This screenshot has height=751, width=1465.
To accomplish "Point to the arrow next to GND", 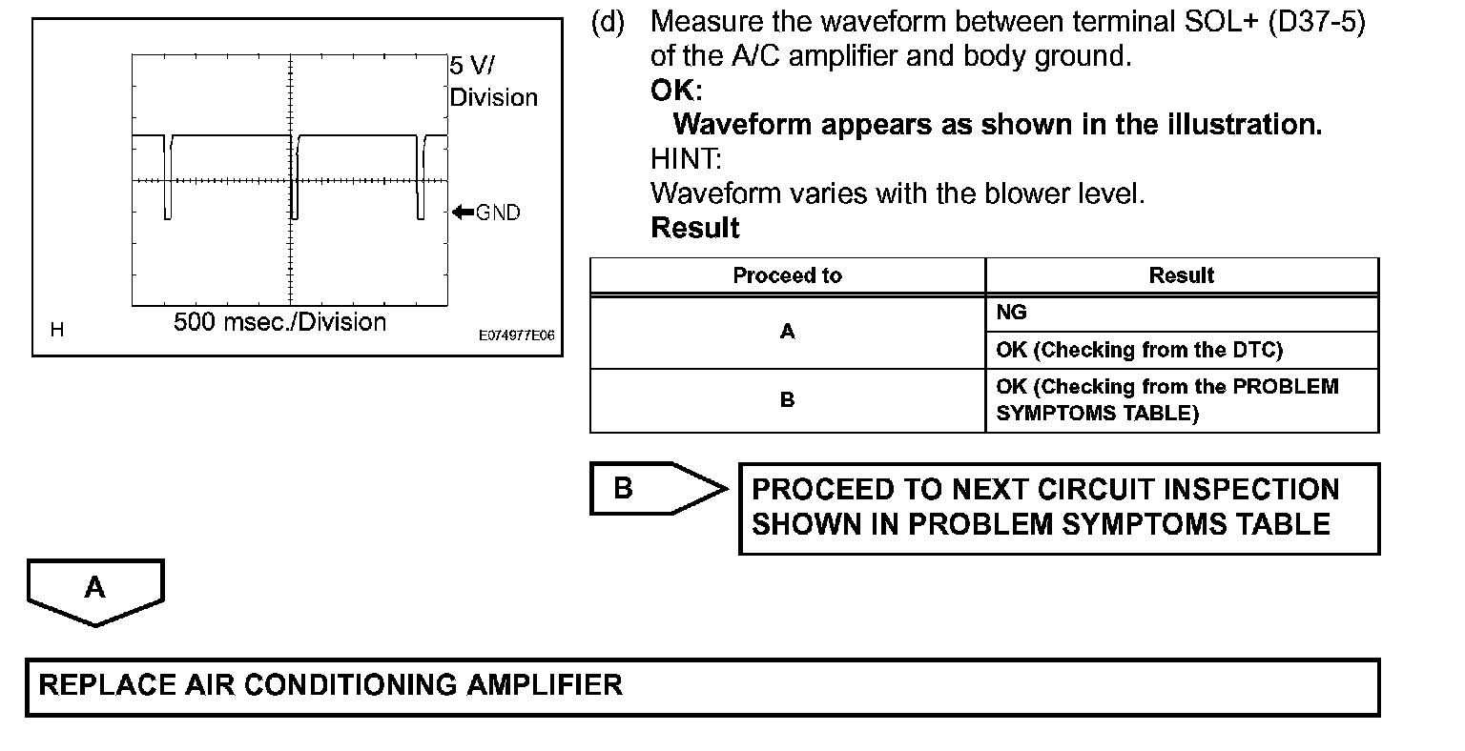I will click(463, 212).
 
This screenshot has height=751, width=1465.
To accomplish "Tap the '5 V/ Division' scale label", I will click(492, 82).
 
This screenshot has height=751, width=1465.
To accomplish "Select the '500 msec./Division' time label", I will click(279, 322).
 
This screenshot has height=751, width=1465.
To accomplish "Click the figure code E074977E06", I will click(516, 336).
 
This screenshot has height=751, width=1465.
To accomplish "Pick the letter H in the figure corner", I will click(57, 331).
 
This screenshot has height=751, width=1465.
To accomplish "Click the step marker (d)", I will click(609, 22).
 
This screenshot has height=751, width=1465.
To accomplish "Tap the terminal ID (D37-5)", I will click(1317, 22).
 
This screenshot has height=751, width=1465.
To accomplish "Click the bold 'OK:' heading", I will click(676, 91).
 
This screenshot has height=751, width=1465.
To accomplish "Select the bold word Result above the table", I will click(695, 228).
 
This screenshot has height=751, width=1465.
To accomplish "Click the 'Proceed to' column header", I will click(787, 276).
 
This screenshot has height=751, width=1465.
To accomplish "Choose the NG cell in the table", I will click(1012, 313).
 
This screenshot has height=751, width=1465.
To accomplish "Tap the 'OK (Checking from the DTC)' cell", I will click(1139, 350).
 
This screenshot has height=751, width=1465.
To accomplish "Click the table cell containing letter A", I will click(787, 332).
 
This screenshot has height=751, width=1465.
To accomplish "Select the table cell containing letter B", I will click(787, 400).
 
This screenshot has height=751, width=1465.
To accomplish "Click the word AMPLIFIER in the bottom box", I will click(543, 685).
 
